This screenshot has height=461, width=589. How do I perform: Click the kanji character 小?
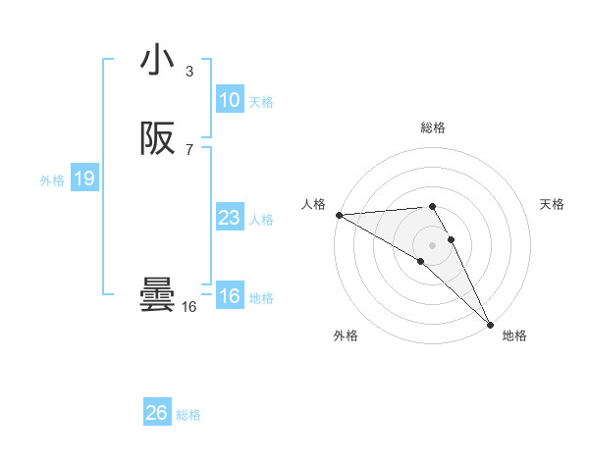(157, 60)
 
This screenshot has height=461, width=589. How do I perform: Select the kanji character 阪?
(157, 139)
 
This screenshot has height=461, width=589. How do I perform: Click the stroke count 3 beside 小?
(189, 71)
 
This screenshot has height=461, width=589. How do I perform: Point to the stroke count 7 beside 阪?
(189, 150)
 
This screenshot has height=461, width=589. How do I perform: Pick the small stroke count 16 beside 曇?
(189, 307)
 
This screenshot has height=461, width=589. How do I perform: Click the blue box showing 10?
(230, 100)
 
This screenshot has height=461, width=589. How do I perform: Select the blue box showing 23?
(230, 219)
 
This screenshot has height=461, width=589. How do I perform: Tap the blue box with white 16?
(230, 297)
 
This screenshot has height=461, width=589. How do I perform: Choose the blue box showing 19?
(83, 179)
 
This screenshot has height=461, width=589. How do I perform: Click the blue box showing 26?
(157, 413)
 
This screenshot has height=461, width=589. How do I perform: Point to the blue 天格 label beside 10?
(261, 102)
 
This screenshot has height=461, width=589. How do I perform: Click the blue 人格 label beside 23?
(261, 220)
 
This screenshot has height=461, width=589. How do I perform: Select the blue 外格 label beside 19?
(52, 180)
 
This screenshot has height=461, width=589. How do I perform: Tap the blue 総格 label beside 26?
(188, 415)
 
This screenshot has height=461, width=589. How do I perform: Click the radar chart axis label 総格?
(433, 128)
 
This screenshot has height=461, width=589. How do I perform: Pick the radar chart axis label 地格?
(514, 335)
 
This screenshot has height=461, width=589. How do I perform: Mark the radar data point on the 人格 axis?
(339, 215)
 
